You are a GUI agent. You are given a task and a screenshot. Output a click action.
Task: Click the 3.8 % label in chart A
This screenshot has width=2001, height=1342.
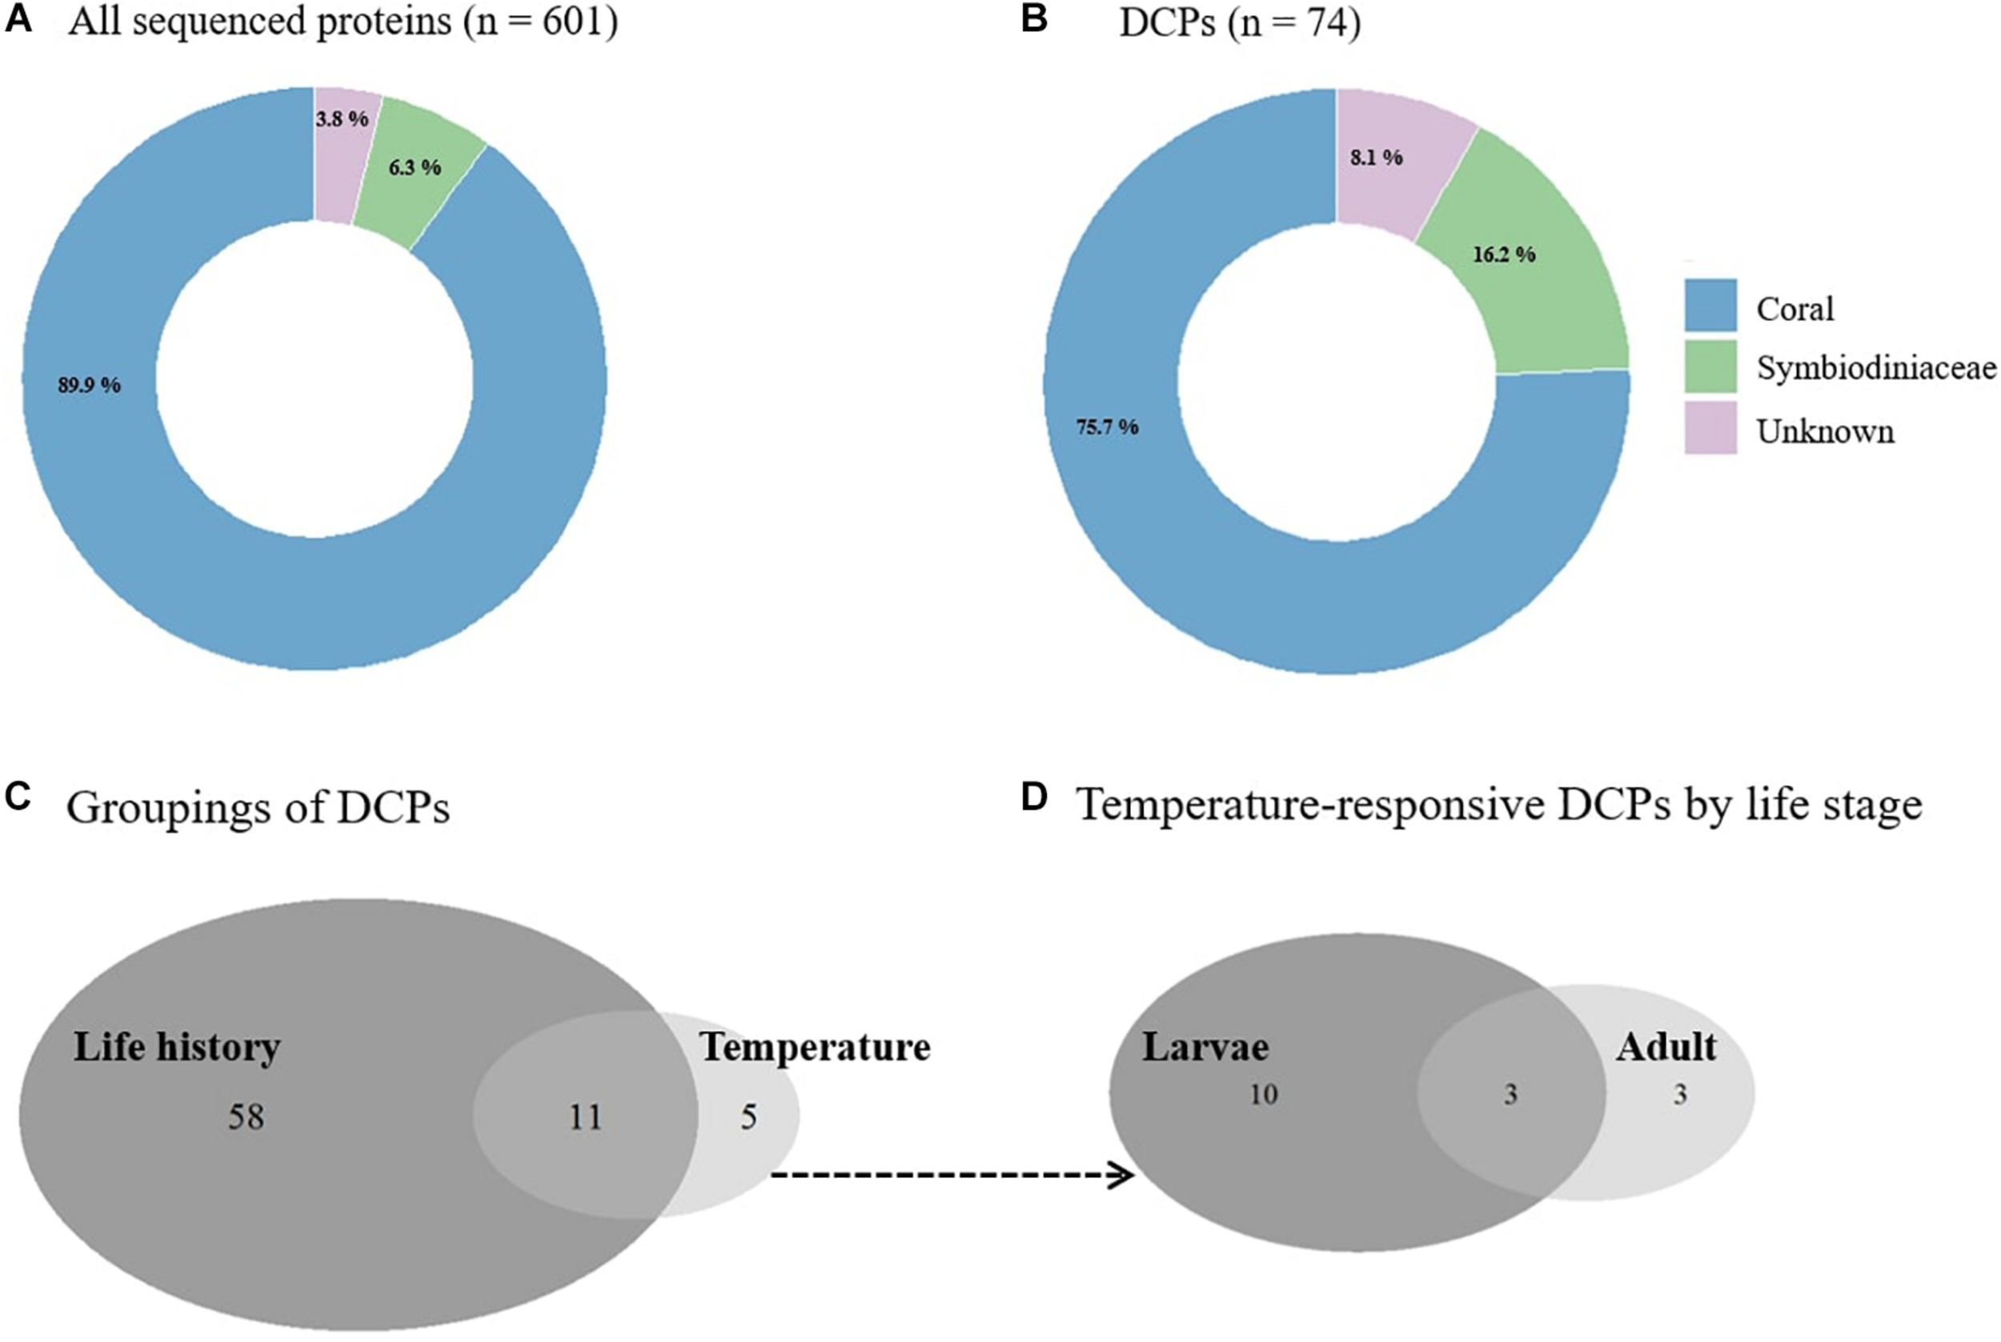(342, 119)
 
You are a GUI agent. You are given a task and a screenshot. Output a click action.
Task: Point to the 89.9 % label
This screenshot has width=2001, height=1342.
(89, 385)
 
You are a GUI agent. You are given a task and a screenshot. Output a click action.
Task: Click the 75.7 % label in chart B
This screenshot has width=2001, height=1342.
(1107, 427)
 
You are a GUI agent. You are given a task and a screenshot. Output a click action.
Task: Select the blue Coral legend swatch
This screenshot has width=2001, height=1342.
(1710, 305)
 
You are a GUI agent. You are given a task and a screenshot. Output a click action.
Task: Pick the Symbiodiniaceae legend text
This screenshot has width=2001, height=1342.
(1876, 368)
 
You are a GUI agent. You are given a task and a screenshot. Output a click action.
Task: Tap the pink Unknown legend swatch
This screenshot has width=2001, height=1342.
(1710, 428)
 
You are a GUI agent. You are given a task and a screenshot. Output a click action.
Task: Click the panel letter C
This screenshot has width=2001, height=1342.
(18, 798)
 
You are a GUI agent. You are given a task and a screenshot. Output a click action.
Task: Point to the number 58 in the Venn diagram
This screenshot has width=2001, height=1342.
(246, 1117)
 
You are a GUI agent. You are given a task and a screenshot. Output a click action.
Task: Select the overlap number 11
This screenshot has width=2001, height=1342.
(585, 1117)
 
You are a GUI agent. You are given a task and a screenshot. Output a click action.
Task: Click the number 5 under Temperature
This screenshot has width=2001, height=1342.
(748, 1117)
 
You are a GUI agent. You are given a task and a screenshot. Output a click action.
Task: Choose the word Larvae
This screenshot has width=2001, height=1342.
(1205, 1047)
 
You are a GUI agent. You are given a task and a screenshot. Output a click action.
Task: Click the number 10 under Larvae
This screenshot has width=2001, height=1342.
(1263, 1094)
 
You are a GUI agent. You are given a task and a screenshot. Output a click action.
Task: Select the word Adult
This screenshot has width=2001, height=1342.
(1666, 1047)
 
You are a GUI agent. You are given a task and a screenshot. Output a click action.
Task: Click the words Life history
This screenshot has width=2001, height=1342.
(177, 1047)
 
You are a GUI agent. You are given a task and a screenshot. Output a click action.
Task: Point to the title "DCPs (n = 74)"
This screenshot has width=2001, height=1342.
(1239, 22)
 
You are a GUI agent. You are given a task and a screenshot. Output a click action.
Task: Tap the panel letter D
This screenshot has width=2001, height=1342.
(1034, 798)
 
